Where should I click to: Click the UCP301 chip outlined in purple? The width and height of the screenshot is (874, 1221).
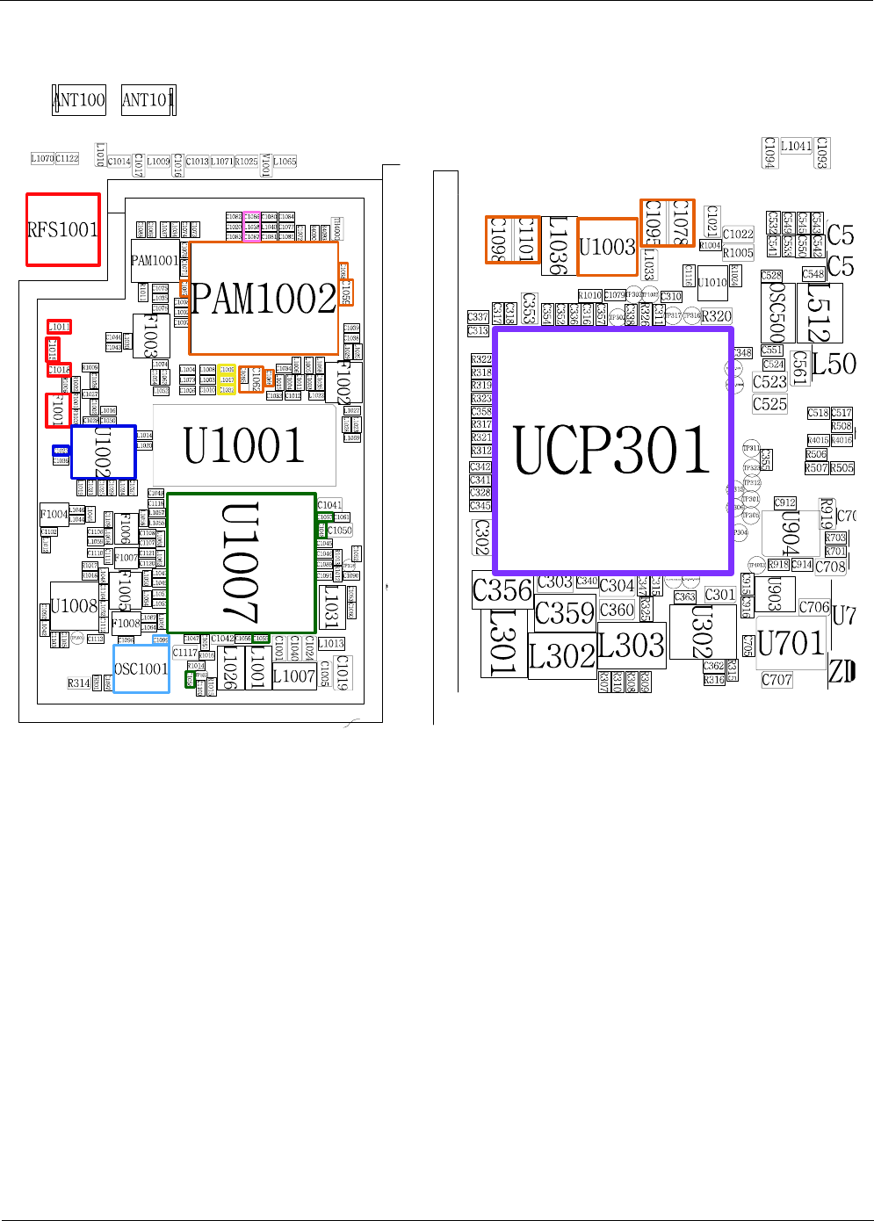point(613,451)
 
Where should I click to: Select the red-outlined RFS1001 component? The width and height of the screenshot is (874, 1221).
point(62,229)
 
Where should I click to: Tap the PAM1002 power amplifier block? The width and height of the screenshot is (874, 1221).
point(264,299)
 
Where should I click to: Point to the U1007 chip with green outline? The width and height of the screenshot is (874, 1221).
point(241,562)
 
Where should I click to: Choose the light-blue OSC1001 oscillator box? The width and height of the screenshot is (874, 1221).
point(141,668)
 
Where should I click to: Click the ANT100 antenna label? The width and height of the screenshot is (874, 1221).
point(79,99)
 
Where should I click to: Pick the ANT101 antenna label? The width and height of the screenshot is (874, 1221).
point(148,100)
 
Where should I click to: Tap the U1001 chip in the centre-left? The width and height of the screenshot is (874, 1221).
point(244,444)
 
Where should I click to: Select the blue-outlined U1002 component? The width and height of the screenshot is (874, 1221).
point(103,452)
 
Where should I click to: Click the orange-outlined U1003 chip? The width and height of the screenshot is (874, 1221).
point(607,247)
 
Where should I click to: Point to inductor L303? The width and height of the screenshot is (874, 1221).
point(632,646)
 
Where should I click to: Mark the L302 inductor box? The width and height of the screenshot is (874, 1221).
point(562,655)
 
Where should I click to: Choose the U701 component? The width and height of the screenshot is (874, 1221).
point(791,643)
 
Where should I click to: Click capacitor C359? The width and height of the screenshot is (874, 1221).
point(565,612)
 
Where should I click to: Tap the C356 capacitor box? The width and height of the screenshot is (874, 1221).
point(502,590)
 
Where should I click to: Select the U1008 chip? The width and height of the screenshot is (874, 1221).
point(74,606)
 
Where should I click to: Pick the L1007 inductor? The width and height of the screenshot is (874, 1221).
point(293,676)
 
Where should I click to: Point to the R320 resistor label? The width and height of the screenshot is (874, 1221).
point(716,316)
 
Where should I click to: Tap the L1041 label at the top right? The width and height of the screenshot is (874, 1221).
point(796,147)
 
